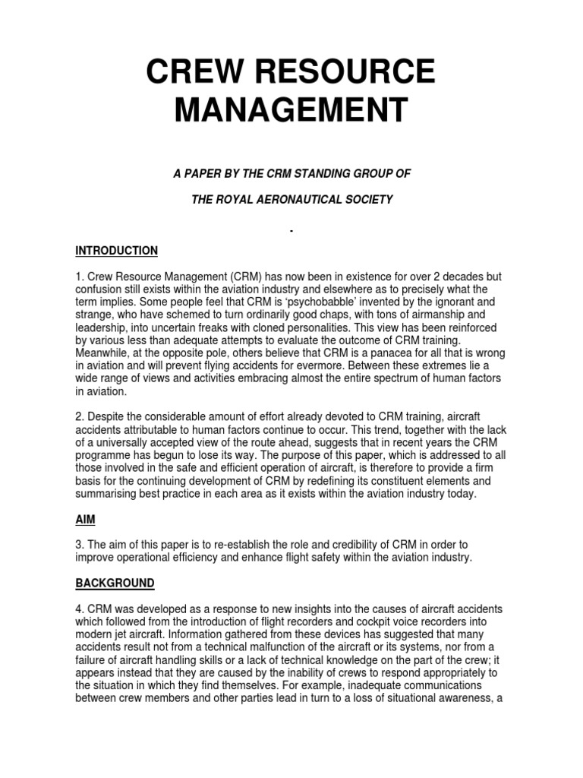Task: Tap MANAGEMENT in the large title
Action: [291, 109]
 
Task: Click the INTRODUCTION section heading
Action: [117, 251]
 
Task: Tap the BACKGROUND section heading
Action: [115, 583]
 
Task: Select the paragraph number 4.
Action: [79, 610]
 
